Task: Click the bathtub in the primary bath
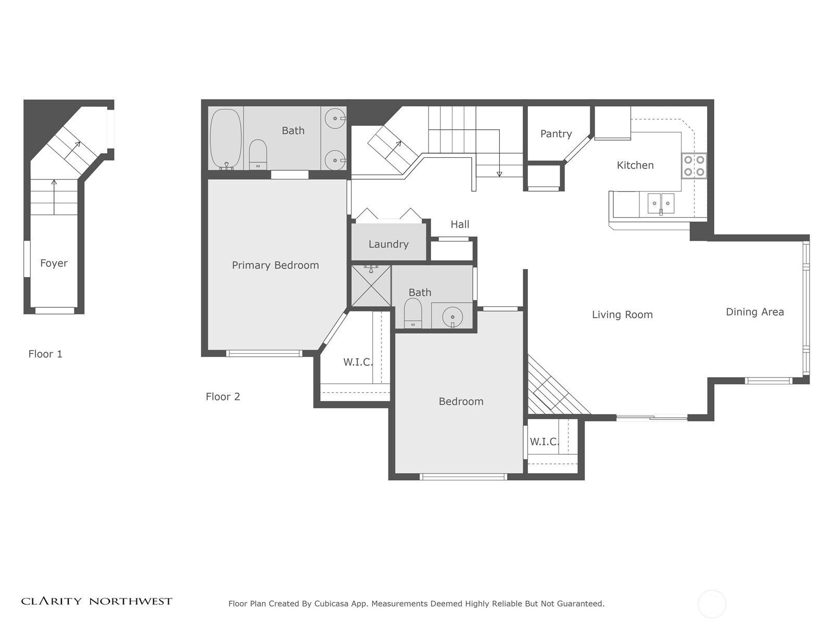pyautogui.click(x=225, y=138)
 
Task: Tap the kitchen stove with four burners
pyautogui.click(x=694, y=166)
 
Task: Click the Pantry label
pyautogui.click(x=556, y=134)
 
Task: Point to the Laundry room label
pyautogui.click(x=388, y=244)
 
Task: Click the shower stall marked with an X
pyautogui.click(x=371, y=286)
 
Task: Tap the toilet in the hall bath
pyautogui.click(x=413, y=312)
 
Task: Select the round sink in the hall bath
pyautogui.click(x=452, y=316)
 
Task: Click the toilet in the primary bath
pyautogui.click(x=258, y=154)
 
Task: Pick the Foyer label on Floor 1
pyautogui.click(x=54, y=264)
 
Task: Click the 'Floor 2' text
pyautogui.click(x=223, y=397)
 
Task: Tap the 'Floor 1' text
pyautogui.click(x=45, y=354)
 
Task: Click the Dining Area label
pyautogui.click(x=754, y=312)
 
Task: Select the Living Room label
pyautogui.click(x=622, y=315)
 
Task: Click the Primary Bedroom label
pyautogui.click(x=275, y=266)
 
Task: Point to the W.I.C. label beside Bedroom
pyautogui.click(x=544, y=442)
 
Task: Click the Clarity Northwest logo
pyautogui.click(x=96, y=601)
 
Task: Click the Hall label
pyautogui.click(x=460, y=224)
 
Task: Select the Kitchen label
pyautogui.click(x=635, y=166)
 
